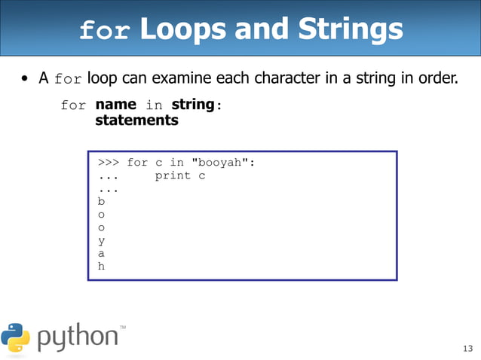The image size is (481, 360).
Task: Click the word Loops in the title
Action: [x=182, y=29]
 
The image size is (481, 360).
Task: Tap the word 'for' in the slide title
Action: [x=106, y=31]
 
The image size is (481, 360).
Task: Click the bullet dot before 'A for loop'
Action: [x=26, y=79]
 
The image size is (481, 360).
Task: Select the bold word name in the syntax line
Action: [x=115, y=105]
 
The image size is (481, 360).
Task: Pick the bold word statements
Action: [x=136, y=120]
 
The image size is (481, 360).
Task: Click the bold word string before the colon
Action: [x=192, y=105]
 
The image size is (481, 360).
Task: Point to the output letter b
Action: [x=102, y=201]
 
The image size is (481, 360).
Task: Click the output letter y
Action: [x=102, y=240]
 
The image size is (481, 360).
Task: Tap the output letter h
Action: [x=102, y=265]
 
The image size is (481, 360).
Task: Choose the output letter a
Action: [x=102, y=253]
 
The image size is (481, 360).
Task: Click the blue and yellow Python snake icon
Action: [x=16, y=337]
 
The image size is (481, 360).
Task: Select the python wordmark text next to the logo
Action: [x=78, y=337]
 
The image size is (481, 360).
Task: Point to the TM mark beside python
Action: [x=123, y=327]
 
